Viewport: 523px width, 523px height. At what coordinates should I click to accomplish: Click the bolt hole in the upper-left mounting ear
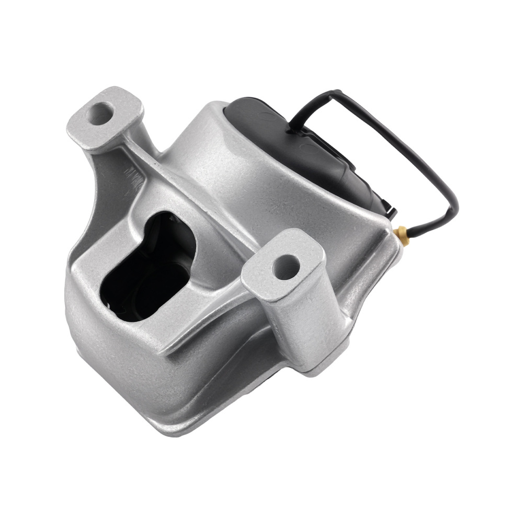100,113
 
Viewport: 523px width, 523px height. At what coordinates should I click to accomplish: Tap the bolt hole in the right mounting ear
286,267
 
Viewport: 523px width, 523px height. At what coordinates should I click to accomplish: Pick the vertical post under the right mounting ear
303,324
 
